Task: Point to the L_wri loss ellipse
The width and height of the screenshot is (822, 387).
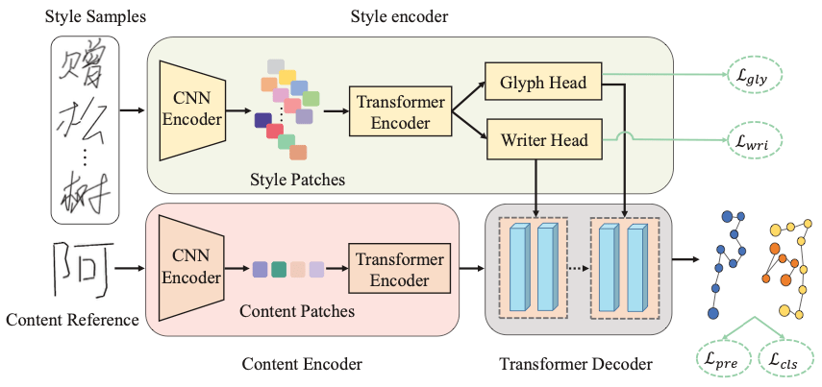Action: pyautogui.click(x=757, y=140)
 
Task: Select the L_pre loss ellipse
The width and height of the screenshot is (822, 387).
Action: pyautogui.click(x=719, y=361)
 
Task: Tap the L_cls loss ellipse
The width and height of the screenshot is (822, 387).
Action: pyautogui.click(x=785, y=361)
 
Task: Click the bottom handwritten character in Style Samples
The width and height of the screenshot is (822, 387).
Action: pyautogui.click(x=83, y=193)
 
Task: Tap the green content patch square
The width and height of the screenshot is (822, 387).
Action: pyautogui.click(x=279, y=271)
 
